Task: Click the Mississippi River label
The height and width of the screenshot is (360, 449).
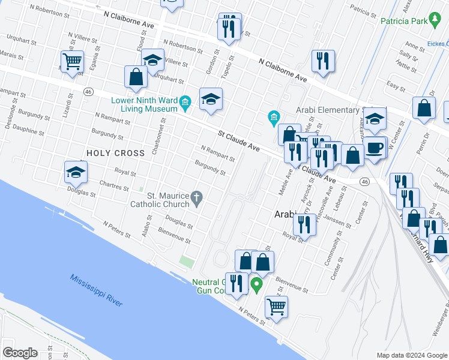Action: pyautogui.click(x=96, y=290)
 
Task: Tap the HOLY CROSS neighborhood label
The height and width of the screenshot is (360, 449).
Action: pyautogui.click(x=116, y=153)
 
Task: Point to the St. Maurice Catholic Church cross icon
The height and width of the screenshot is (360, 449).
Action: pyautogui.click(x=197, y=197)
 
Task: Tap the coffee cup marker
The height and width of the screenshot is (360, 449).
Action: pyautogui.click(x=375, y=148)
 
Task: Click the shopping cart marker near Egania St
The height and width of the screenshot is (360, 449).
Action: pyautogui.click(x=72, y=61)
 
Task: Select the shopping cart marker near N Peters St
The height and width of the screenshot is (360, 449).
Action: pyautogui.click(x=276, y=307)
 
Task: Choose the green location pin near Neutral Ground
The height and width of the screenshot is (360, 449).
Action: pyautogui.click(x=257, y=284)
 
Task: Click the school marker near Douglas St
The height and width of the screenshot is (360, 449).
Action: pyautogui.click(x=76, y=172)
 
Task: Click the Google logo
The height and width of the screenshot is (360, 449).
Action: pyautogui.click(x=20, y=353)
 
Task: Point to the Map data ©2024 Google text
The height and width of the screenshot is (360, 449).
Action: pyautogui.click(x=412, y=355)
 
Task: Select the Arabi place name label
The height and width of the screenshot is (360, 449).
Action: pyautogui.click(x=286, y=214)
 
